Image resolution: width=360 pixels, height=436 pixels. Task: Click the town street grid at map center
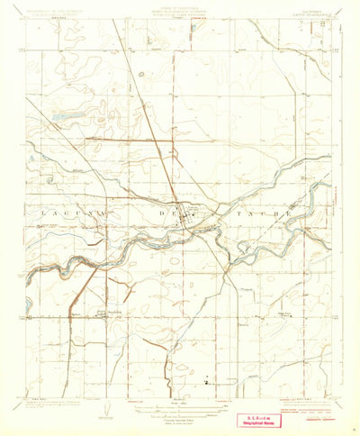(189, 214)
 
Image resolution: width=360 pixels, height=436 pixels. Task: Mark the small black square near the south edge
(207, 381)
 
